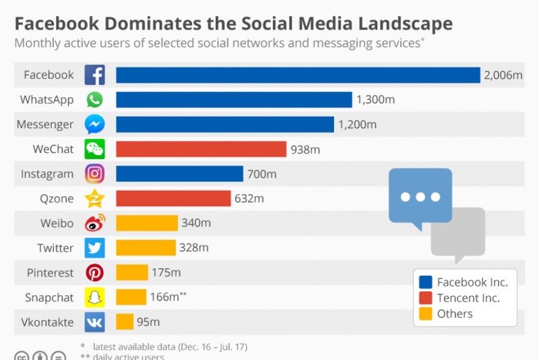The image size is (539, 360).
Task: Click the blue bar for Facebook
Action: pos(297,75)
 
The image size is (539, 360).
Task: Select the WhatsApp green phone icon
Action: pos(94,100)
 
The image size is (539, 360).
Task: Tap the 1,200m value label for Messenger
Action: pos(358,125)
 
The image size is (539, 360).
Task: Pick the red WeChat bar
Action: pos(201,149)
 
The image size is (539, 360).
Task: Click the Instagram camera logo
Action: pos(94,174)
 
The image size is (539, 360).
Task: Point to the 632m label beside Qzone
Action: pos(249,198)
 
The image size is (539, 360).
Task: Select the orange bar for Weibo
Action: pos(147,223)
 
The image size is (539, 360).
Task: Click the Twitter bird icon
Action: pos(94,248)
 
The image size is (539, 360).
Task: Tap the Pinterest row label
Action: pos(50,273)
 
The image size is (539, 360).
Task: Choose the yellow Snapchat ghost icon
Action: pos(94,297)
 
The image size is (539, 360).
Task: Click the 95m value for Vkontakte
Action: pos(148,322)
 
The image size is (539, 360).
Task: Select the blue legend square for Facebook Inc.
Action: pos(425,282)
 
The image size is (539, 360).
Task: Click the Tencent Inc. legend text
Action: pos(468,298)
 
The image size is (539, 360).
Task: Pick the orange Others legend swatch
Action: pos(425,313)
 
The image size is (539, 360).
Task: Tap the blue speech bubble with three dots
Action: pos(420,196)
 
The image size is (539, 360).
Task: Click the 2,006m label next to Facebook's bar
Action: pos(503,75)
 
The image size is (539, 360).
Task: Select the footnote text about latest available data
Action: pos(169,347)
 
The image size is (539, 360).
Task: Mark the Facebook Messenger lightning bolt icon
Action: pos(94,125)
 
